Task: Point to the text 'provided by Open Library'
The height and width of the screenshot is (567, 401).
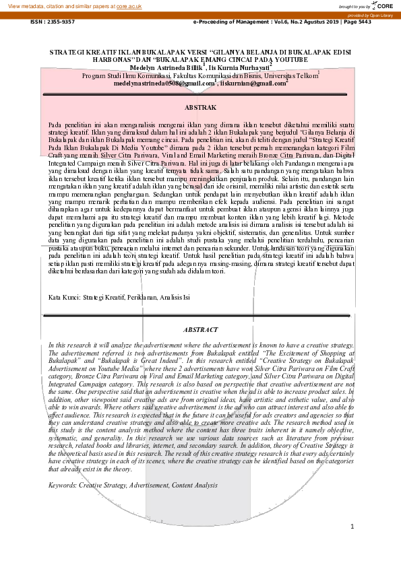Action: pos(371,15)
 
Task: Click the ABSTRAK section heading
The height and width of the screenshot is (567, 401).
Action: pos(200,108)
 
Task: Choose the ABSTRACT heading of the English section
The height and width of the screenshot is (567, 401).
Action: pos(200,329)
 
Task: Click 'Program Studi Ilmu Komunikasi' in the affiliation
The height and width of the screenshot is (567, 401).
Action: pos(125,75)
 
